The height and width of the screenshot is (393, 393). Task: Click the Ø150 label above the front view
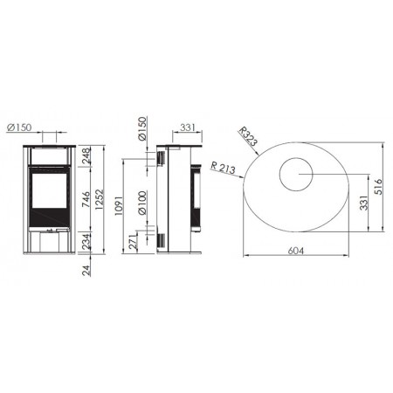point(19,128)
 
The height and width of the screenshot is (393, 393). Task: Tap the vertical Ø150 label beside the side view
point(142,129)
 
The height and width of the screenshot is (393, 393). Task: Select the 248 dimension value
point(86,156)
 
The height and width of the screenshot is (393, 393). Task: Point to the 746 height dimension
point(86,199)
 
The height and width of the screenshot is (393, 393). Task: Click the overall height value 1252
point(99,200)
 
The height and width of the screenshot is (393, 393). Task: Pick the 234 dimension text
point(86,241)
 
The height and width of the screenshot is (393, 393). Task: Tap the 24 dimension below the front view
point(86,271)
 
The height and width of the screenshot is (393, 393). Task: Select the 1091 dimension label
point(119,206)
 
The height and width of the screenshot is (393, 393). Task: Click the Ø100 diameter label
point(142,203)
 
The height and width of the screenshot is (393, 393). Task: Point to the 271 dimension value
point(133,242)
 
